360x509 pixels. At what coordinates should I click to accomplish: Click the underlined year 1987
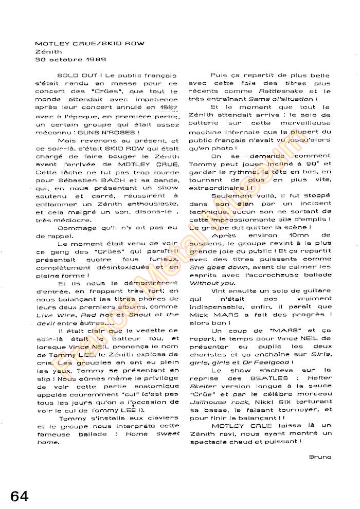point(168,107)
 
